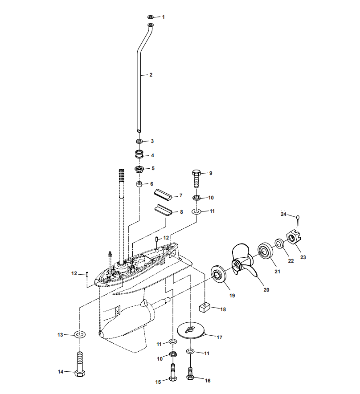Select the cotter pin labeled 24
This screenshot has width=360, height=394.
298,218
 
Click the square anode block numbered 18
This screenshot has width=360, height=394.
205,307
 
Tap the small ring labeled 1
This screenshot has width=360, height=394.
151,17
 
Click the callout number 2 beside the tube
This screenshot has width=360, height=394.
151,75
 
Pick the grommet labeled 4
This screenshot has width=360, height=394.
139,155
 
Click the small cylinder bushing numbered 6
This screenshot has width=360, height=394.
139,184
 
